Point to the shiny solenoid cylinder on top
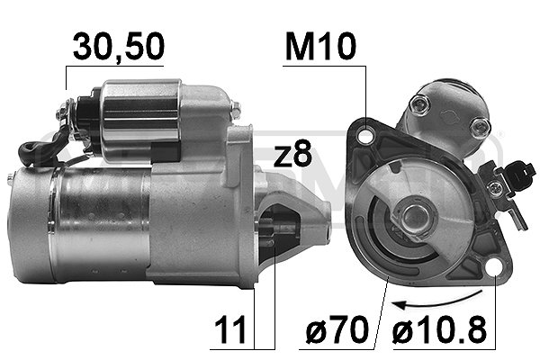pyautogui.click(x=139, y=117)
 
